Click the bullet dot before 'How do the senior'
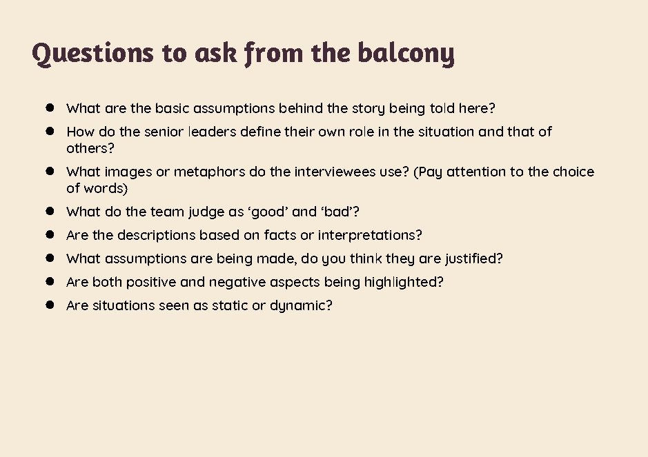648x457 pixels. (50, 131)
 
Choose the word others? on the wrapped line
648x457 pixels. (90, 148)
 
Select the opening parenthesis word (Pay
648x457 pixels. (428, 172)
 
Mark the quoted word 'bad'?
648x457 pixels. (339, 212)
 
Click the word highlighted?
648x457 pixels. (404, 282)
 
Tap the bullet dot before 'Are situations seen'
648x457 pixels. (50, 305)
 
